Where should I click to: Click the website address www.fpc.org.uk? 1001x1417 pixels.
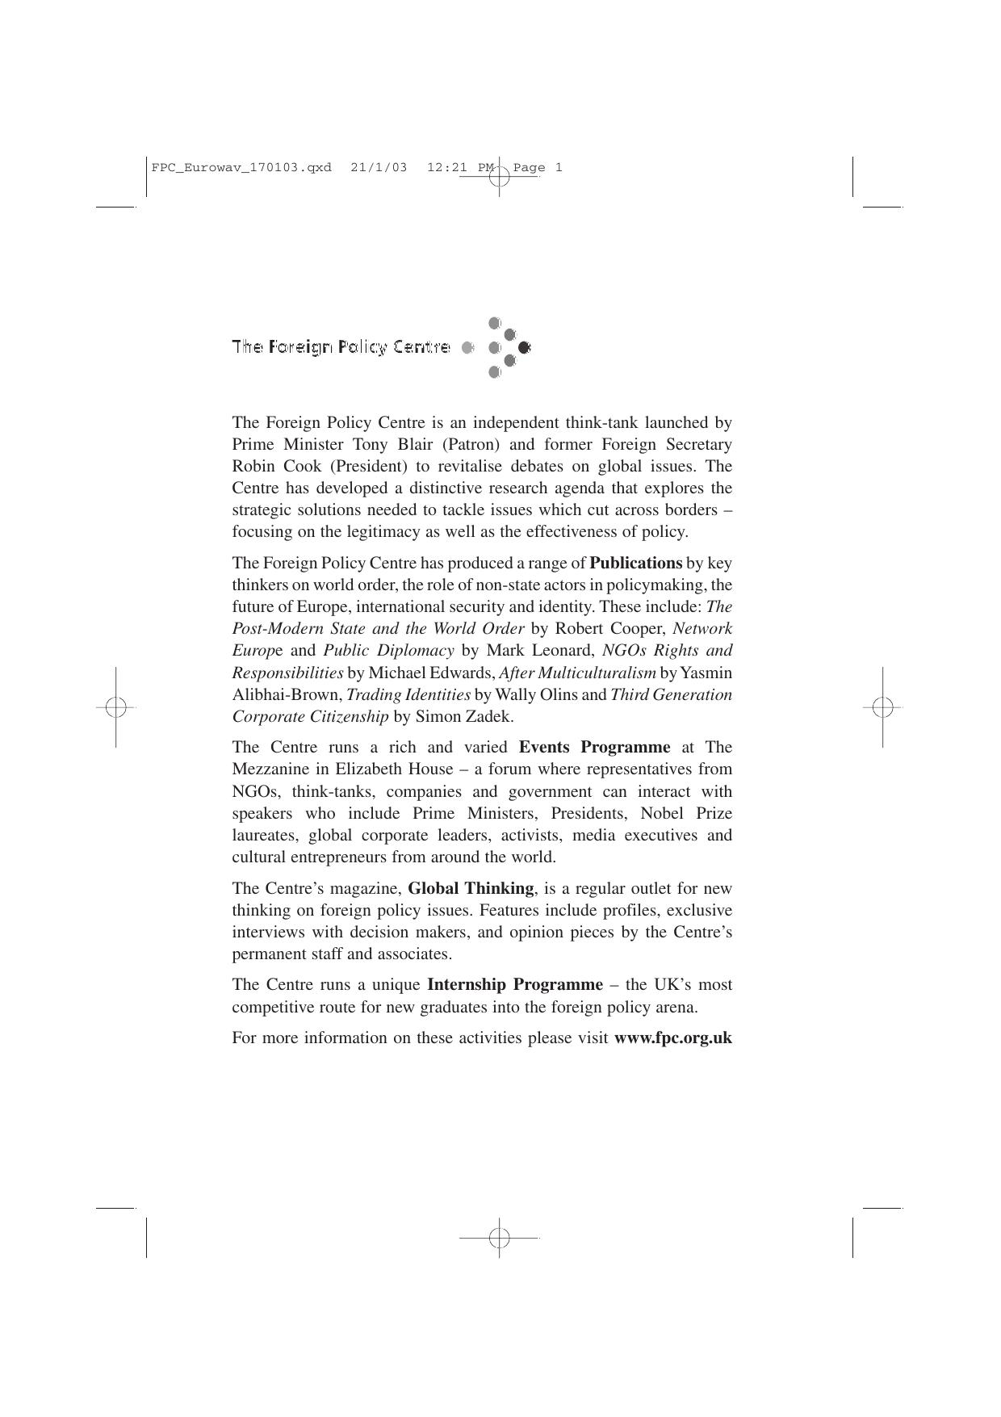pos(672,1038)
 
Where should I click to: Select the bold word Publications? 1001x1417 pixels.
pos(635,564)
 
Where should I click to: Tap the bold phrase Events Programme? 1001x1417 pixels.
pos(594,748)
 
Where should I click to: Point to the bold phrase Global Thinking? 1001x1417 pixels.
pos(471,889)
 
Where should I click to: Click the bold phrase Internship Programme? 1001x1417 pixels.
pos(514,985)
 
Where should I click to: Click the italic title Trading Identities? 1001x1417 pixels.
pos(408,695)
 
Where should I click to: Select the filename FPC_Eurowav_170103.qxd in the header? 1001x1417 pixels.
pos(241,168)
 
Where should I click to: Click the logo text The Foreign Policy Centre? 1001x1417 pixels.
pos(341,347)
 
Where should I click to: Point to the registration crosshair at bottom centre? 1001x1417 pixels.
pos(499,1237)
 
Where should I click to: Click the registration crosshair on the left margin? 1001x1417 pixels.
pos(115,707)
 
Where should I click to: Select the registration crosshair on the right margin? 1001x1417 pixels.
pos(882,707)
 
